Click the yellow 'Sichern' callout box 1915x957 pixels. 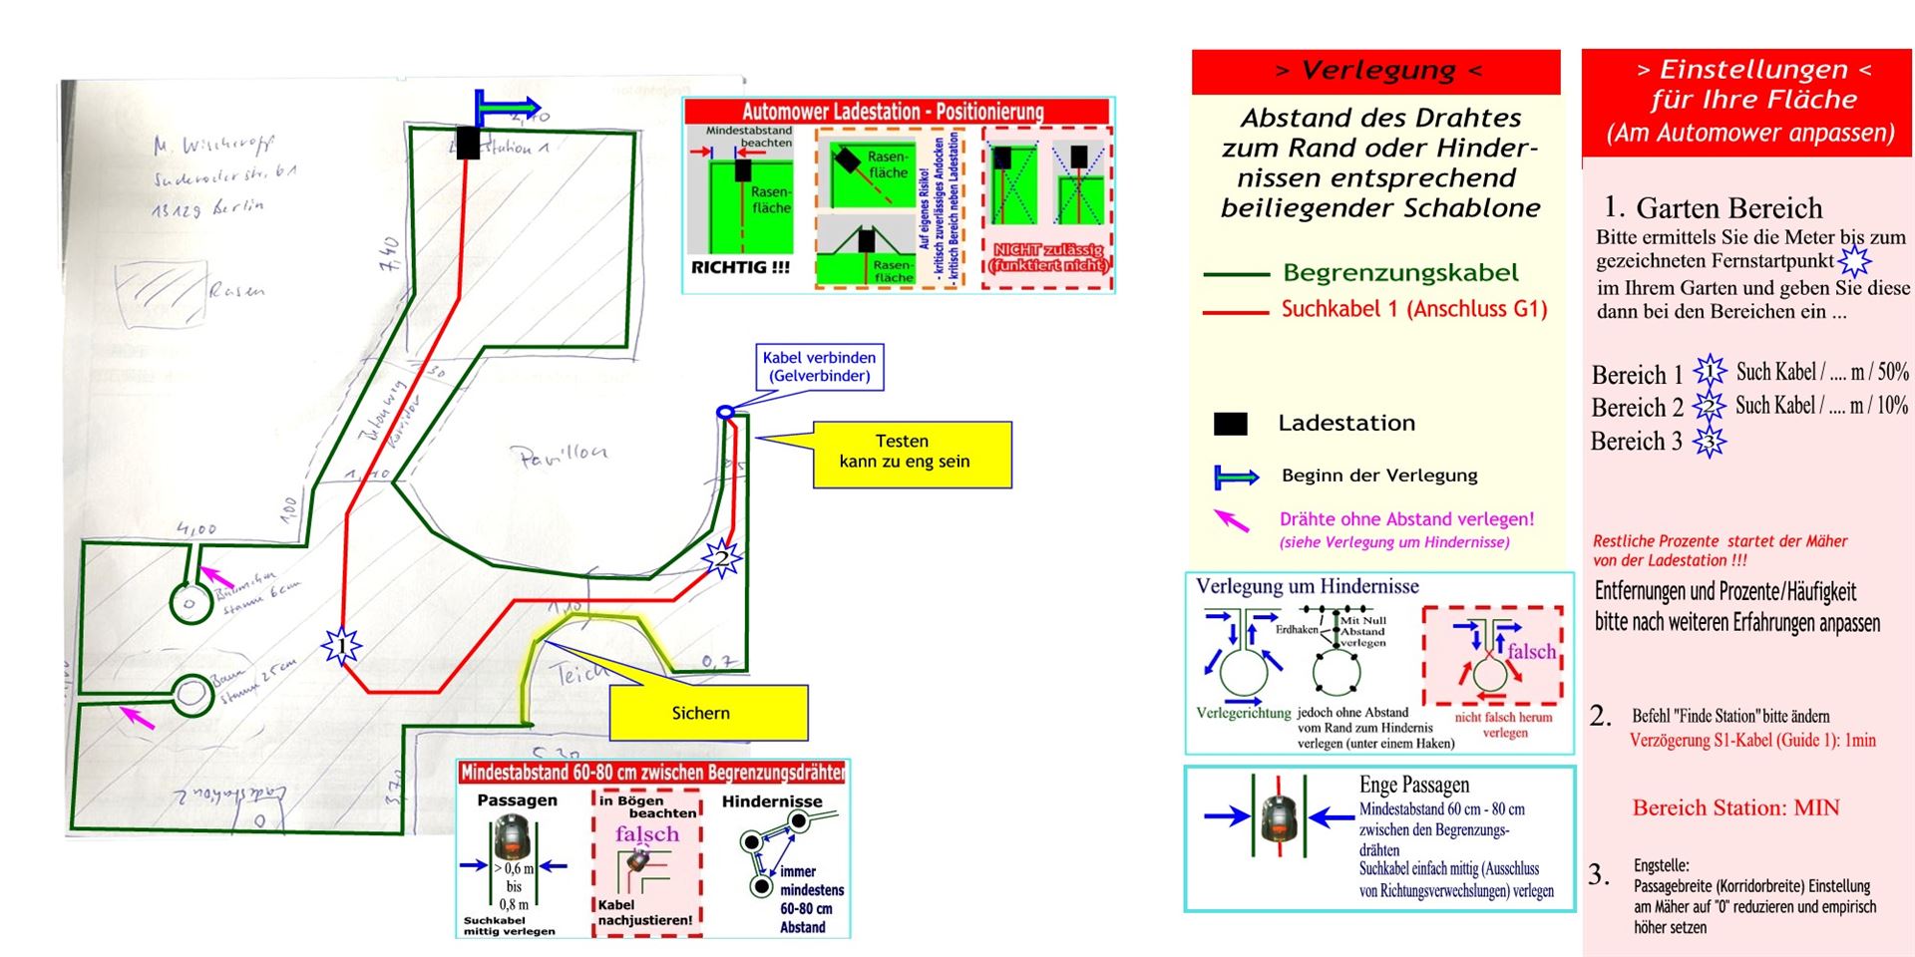(x=708, y=712)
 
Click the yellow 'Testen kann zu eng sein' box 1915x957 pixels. (x=912, y=454)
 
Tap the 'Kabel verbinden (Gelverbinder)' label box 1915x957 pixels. (x=819, y=367)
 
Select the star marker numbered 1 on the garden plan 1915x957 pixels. (x=341, y=646)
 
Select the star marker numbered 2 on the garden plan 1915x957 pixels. (x=721, y=558)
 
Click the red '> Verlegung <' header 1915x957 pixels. (x=1375, y=71)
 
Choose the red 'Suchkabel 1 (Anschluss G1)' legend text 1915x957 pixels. (x=1413, y=309)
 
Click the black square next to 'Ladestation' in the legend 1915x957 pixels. (x=1230, y=424)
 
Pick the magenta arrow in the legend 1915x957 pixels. (x=1232, y=519)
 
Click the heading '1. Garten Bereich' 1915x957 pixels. (x=1713, y=207)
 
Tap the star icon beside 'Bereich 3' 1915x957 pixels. (x=1709, y=441)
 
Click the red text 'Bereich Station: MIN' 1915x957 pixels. (x=1735, y=807)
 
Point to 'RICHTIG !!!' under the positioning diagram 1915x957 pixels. (x=740, y=267)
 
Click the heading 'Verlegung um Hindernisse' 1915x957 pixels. (x=1307, y=586)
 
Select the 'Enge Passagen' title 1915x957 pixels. (x=1413, y=785)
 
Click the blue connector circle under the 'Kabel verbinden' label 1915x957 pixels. (x=726, y=412)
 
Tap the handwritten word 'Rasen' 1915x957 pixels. (x=236, y=290)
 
